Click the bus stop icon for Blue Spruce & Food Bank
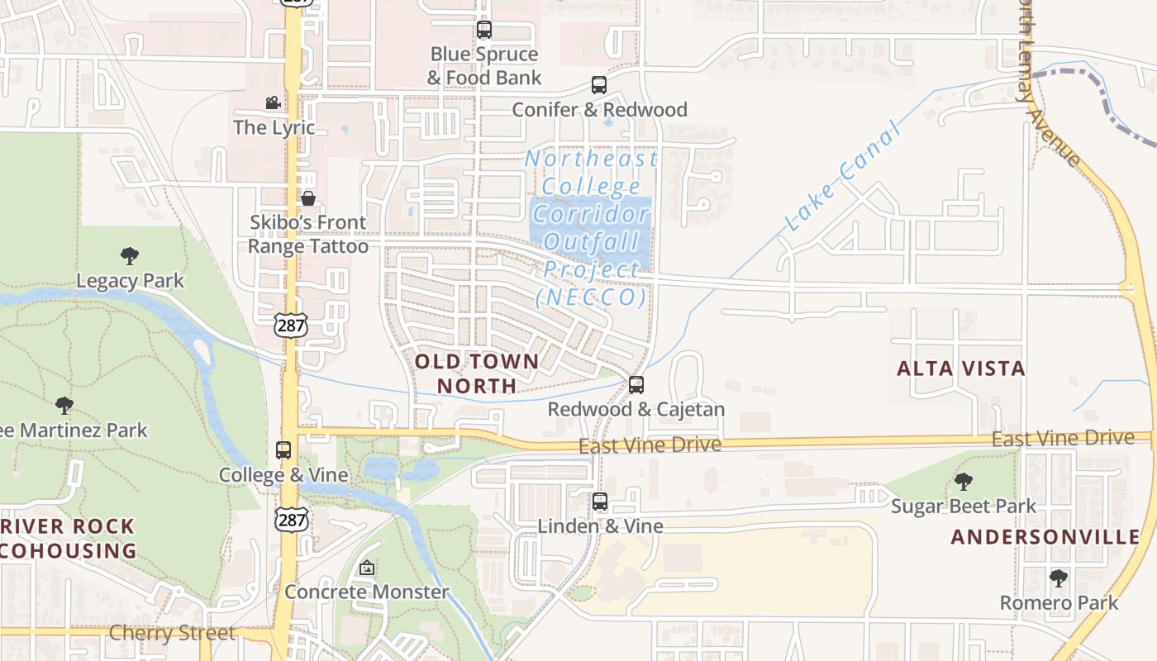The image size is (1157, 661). pos(484,31)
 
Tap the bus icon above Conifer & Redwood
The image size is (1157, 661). pos(599,85)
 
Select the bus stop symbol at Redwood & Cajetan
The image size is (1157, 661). pos(636,385)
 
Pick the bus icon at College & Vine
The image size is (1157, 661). pos(283,450)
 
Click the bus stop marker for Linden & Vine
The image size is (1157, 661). pos(600,502)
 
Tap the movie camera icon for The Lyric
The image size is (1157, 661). pos(273,103)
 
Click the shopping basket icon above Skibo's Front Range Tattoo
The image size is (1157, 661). pos(308,198)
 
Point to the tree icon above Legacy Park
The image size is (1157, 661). pos(130,256)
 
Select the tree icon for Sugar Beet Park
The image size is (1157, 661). pos(963,482)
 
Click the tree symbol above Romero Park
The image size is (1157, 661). pos(1059,578)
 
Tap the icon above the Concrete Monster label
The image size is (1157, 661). pos(367,568)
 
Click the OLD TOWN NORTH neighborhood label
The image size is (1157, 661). pos(477,373)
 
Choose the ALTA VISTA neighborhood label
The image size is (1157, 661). pos(961,369)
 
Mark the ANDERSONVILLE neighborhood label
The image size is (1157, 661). pos(1045,537)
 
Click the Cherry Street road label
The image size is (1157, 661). pos(173,634)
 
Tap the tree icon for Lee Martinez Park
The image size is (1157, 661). pos(64,406)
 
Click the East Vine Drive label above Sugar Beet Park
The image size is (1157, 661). pos(1063,438)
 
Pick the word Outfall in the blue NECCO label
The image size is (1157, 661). pos(592,242)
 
